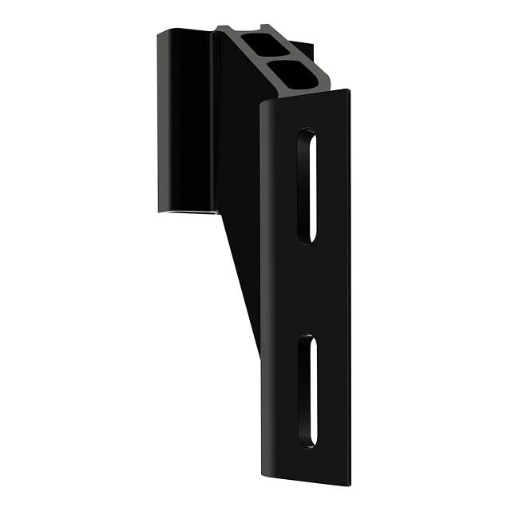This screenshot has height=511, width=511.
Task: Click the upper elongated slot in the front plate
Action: click(307, 185)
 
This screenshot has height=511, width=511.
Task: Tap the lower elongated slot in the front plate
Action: click(307, 390)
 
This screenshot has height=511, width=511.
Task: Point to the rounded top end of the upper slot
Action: click(308, 134)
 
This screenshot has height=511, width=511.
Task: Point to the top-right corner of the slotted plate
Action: click(349, 90)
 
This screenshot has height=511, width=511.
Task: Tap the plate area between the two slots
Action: click(307, 289)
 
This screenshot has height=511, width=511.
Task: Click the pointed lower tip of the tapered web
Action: click(258, 352)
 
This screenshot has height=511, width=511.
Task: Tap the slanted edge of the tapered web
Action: click(240, 279)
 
